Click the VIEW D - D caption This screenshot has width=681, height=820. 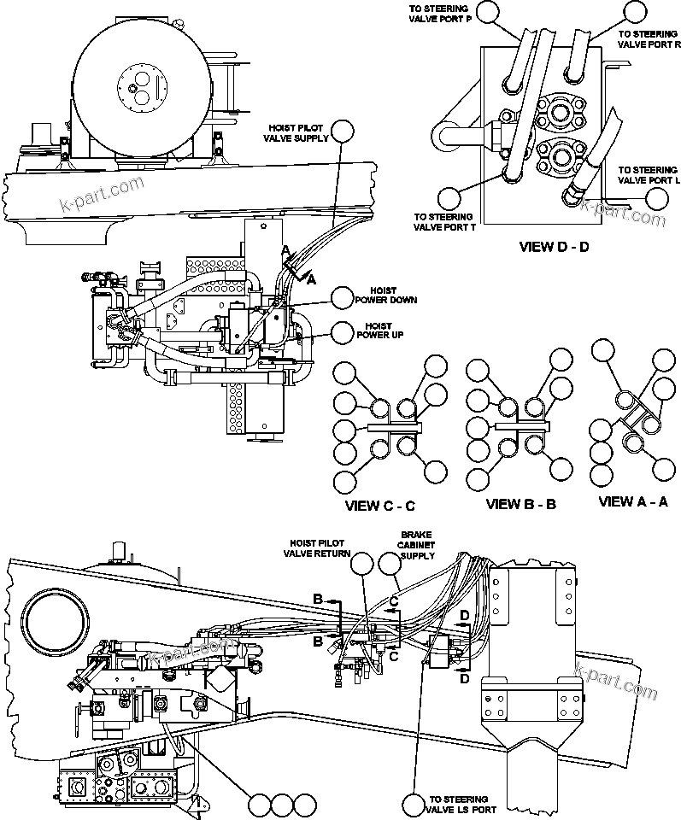555,248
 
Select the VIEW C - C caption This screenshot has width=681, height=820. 380,506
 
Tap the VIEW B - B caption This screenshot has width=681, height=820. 521,504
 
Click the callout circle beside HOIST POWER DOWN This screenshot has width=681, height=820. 343,297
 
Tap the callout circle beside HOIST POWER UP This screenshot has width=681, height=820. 343,331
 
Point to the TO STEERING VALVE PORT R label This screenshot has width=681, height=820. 648,40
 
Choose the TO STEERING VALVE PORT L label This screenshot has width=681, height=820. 649,175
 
